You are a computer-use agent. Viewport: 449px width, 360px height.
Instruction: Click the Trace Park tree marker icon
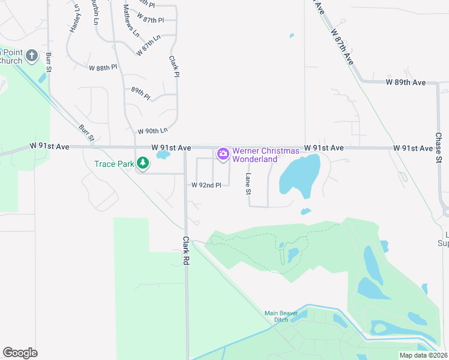[x=143, y=163]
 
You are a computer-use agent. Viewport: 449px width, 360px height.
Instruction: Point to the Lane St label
[x=247, y=184]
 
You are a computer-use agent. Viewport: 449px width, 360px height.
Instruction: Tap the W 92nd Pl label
[x=206, y=185]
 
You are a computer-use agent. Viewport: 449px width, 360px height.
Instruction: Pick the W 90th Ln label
[x=152, y=131]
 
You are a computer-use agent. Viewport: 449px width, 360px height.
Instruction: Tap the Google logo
[x=20, y=353]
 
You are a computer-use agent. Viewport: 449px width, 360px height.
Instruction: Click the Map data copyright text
[x=424, y=355]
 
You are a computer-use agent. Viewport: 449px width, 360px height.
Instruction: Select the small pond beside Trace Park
[x=162, y=155]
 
